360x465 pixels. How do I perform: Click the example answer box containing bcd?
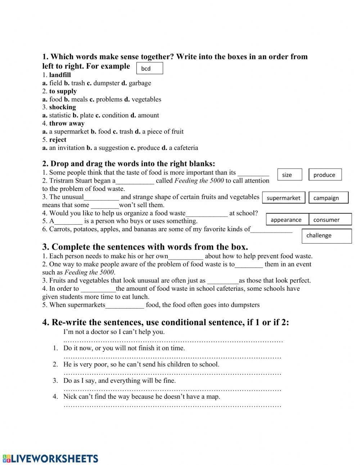click(150, 68)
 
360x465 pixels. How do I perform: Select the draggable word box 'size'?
click(289, 175)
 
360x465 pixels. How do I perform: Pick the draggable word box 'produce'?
click(325, 175)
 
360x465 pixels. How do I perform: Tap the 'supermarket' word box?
click(284, 198)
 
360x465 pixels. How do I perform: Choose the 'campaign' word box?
click(329, 198)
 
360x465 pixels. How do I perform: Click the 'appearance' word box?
click(287, 220)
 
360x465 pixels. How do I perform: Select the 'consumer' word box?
click(330, 220)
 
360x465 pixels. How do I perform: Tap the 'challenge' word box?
click(327, 236)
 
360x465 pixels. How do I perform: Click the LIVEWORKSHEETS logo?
click(50, 458)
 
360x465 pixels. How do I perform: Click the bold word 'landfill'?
click(60, 75)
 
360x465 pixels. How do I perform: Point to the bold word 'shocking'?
click(62, 107)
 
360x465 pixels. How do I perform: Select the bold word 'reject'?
click(58, 140)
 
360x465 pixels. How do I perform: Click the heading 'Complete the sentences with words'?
click(145, 247)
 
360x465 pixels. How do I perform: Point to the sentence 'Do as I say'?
click(120, 381)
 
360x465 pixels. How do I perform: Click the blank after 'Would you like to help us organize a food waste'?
click(207, 214)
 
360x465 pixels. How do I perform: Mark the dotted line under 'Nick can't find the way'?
click(172, 406)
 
